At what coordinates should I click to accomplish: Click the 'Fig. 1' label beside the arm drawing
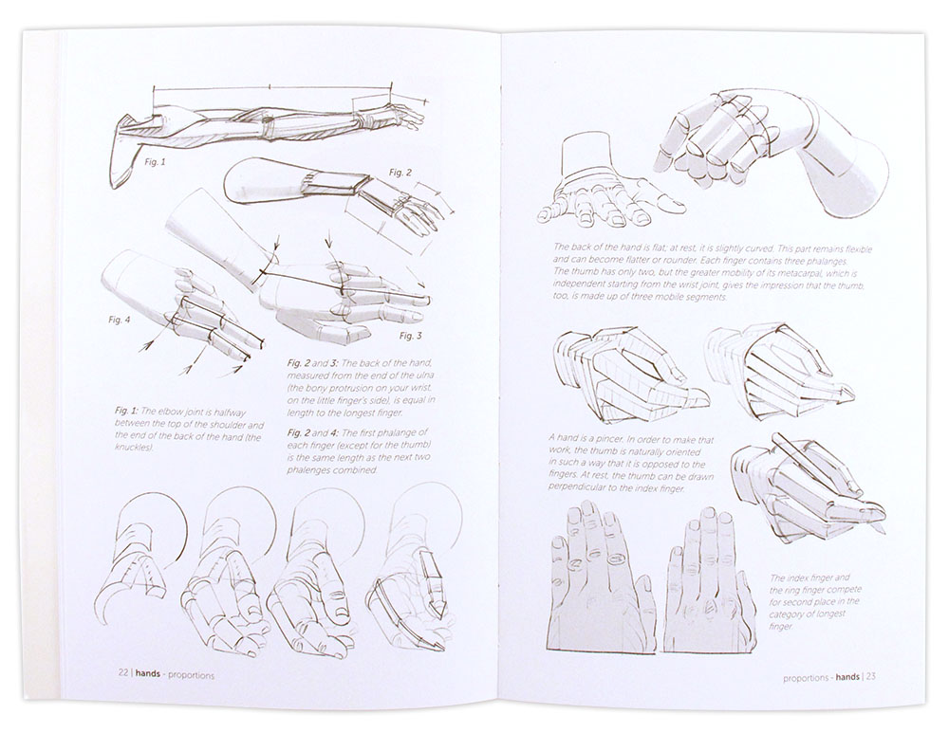[155, 162]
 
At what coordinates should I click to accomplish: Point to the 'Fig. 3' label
[410, 336]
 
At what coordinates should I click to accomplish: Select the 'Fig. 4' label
[120, 320]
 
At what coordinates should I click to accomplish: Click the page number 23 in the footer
[869, 678]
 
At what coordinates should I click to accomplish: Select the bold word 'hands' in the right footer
[841, 678]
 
